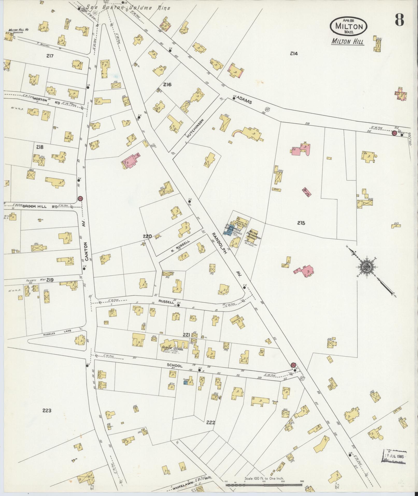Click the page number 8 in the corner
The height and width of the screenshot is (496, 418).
(x=399, y=20)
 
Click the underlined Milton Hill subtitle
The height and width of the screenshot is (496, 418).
(x=348, y=42)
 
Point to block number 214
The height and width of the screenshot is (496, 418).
(x=294, y=54)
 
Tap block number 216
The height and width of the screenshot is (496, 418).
(x=167, y=85)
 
